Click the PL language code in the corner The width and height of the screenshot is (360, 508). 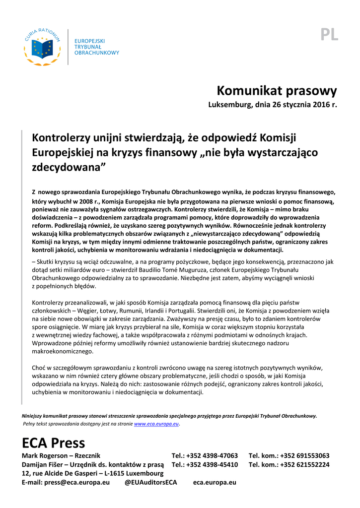click(329, 35)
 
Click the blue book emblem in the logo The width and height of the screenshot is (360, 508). click(42, 48)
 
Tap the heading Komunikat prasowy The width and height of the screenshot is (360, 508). click(277, 91)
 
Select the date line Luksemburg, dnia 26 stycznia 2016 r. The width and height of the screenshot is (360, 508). click(272, 105)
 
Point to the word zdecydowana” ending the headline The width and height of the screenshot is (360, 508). click(69, 167)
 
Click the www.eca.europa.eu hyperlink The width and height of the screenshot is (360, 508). click(156, 424)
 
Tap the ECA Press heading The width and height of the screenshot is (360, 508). click(54, 443)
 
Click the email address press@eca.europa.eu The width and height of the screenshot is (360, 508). click(77, 482)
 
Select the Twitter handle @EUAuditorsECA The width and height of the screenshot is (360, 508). click(150, 482)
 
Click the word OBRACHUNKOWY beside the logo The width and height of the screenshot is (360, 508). click(97, 53)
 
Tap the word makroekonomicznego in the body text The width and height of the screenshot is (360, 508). click(62, 351)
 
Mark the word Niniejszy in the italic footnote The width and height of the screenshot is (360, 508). click(32, 416)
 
